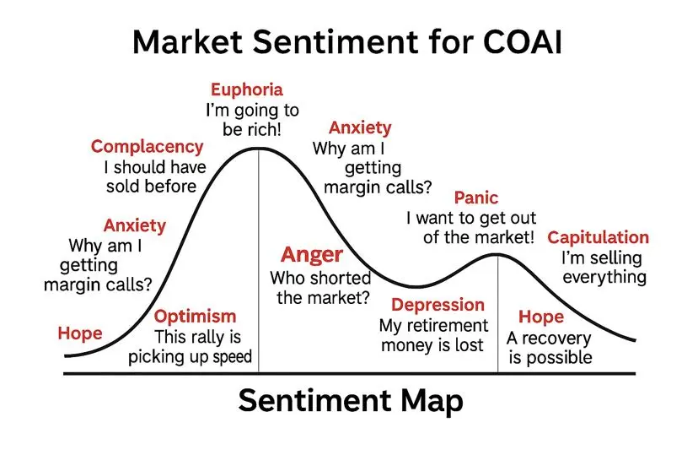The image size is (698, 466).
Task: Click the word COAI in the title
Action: pyautogui.click(x=523, y=42)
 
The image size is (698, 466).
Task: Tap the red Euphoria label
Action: pyautogui.click(x=247, y=90)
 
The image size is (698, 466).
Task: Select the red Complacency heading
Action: pyautogui.click(x=147, y=147)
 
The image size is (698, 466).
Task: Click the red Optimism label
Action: pyautogui.click(x=195, y=317)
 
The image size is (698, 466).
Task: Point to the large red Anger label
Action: pyautogui.click(x=312, y=256)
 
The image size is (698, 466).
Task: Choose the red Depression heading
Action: pyautogui.click(x=438, y=305)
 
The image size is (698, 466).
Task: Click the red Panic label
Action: pyautogui.click(x=475, y=198)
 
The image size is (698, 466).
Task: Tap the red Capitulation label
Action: pyautogui.click(x=598, y=238)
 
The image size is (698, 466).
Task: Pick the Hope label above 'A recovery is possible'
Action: pyautogui.click(x=541, y=317)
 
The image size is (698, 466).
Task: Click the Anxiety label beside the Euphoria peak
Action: pyautogui.click(x=360, y=128)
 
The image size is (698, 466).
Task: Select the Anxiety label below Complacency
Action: pyautogui.click(x=134, y=225)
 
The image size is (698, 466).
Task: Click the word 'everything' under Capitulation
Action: pyautogui.click(x=604, y=278)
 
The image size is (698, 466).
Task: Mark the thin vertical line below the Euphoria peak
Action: pyautogui.click(x=259, y=260)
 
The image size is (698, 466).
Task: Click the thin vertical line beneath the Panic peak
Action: pyautogui.click(x=497, y=313)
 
